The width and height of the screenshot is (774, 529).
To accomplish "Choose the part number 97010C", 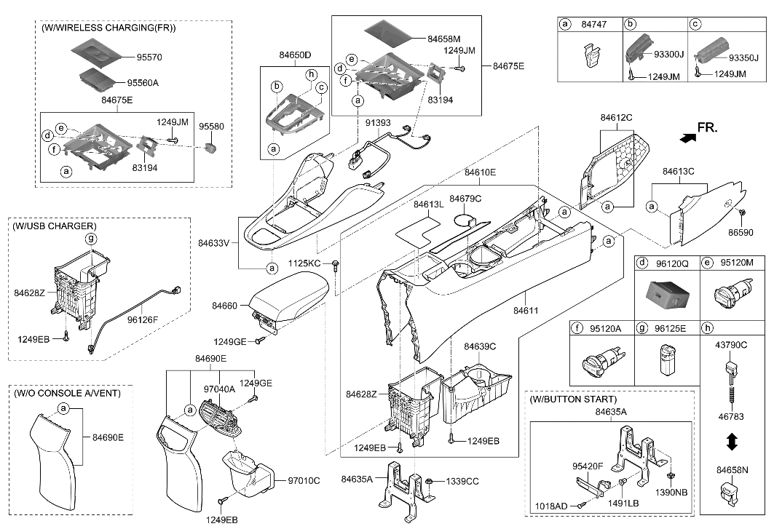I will pos(304,480).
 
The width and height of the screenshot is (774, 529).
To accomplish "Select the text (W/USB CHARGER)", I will pos(54,226).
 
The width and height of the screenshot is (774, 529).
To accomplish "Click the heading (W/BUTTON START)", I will pos(573,399).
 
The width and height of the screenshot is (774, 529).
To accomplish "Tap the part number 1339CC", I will pos(462,481).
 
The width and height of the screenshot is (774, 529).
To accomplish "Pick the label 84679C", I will pos(465,198).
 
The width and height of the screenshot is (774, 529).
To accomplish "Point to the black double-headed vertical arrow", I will pos(733,442).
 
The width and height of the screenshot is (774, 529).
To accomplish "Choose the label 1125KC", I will pos(304,263).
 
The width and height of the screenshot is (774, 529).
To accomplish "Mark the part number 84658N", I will pos(731,472).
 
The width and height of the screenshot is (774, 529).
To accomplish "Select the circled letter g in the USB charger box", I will pos(91,239).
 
